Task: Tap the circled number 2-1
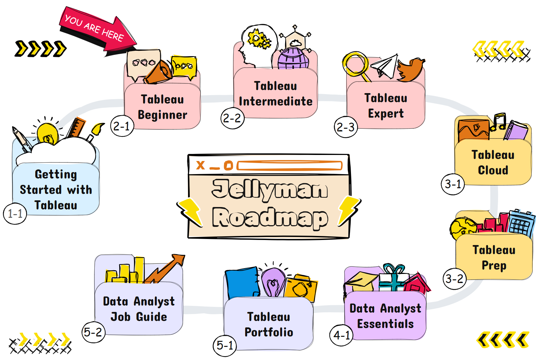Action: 122,126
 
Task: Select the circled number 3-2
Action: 454,279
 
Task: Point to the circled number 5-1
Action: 225,345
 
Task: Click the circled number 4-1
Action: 341,335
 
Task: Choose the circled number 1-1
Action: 15,213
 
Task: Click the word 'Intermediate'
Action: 275,101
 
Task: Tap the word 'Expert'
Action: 386,114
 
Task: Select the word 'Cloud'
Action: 493,170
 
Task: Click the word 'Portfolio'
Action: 269,332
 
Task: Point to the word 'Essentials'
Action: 385,324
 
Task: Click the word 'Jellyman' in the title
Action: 270,189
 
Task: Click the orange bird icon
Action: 410,70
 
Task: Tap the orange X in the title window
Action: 200,165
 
